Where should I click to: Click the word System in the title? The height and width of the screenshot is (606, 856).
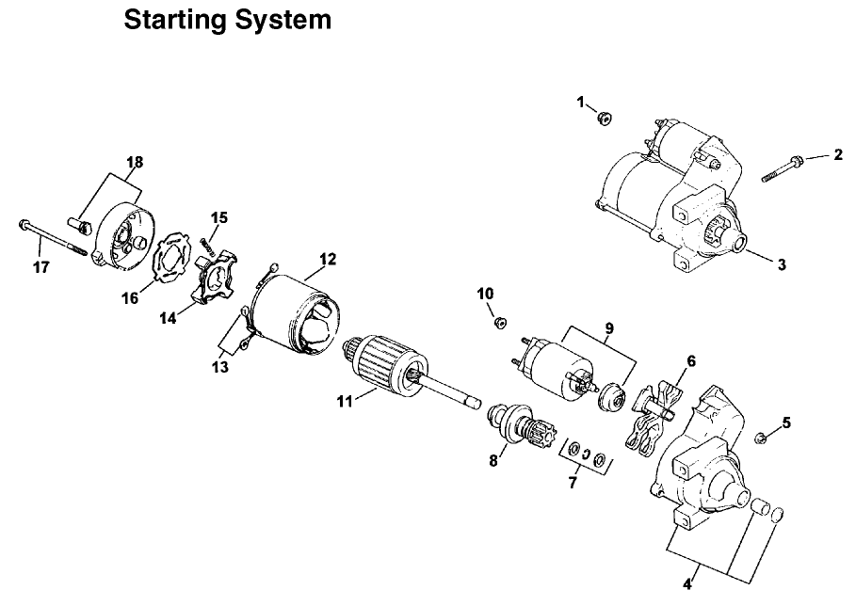pos(279,19)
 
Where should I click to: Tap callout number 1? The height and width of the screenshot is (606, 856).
pos(581,101)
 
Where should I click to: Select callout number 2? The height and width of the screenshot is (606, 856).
pos(837,154)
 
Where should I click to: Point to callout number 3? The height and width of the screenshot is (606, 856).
pos(782,264)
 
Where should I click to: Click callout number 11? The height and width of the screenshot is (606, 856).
pos(346,401)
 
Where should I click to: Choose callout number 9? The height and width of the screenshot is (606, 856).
pos(608,328)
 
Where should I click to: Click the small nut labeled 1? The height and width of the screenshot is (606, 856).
pos(605,118)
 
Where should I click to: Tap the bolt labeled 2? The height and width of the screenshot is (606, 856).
pos(781,168)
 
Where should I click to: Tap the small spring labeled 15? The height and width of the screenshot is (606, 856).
pos(206,246)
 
